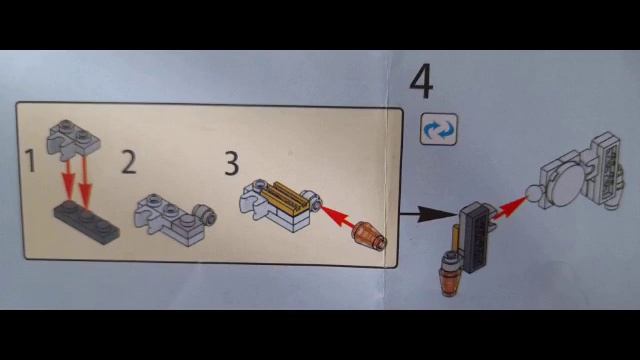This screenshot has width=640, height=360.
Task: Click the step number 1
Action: tap(30, 160)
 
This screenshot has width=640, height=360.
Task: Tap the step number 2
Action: tap(129, 162)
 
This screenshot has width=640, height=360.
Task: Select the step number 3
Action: tap(231, 163)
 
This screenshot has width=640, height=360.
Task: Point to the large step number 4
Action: tap(421, 80)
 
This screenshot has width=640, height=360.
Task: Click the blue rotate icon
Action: tap(439, 129)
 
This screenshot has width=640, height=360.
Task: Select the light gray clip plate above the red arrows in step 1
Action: tap(73, 137)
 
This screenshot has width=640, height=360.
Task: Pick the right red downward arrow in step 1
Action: tap(85, 182)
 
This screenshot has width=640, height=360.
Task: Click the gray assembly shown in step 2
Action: tap(175, 219)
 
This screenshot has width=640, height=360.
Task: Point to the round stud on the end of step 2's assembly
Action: tap(204, 214)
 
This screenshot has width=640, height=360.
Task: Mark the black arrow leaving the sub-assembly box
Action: tap(428, 214)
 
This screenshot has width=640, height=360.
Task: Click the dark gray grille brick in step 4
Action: tap(475, 236)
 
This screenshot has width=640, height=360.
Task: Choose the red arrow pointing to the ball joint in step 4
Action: tap(509, 208)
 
